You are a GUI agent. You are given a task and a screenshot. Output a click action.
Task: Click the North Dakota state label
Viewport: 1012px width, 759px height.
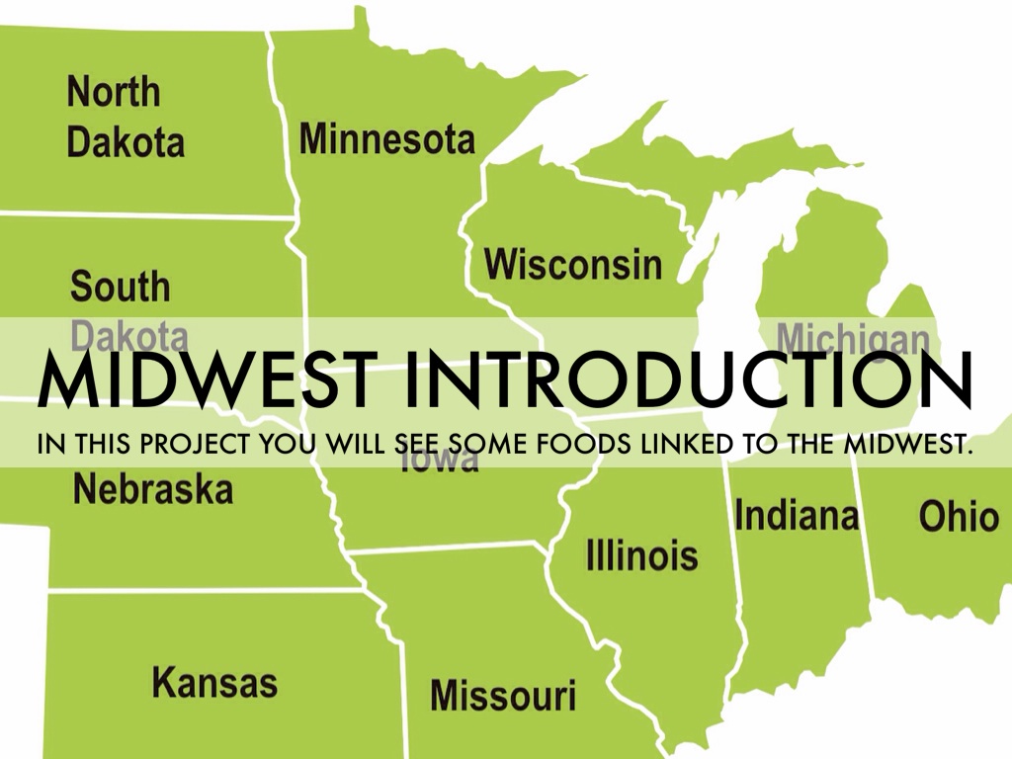point(126,118)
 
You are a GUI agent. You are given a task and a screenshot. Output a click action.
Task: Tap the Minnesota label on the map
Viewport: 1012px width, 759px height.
point(386,139)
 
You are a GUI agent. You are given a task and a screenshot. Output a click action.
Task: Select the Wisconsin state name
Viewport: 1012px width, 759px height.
point(573,264)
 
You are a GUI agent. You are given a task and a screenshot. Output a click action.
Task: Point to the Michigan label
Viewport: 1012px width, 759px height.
point(852,336)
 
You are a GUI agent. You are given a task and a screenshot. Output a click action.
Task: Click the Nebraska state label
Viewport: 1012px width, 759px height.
point(153,489)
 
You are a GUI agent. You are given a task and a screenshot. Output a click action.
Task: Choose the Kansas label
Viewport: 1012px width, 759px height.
point(214,683)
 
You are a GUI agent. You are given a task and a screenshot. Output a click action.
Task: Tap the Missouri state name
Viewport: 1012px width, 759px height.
point(502,696)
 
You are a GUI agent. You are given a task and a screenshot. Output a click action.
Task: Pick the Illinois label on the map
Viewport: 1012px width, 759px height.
point(641,554)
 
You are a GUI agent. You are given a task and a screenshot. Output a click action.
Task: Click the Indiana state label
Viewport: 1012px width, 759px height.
point(797,515)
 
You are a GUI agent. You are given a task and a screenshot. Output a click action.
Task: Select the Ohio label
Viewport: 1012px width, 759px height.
point(959,516)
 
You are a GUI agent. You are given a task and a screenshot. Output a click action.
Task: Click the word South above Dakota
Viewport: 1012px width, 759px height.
point(121,288)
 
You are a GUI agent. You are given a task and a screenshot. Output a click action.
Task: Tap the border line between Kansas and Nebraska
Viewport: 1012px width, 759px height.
point(198,590)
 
